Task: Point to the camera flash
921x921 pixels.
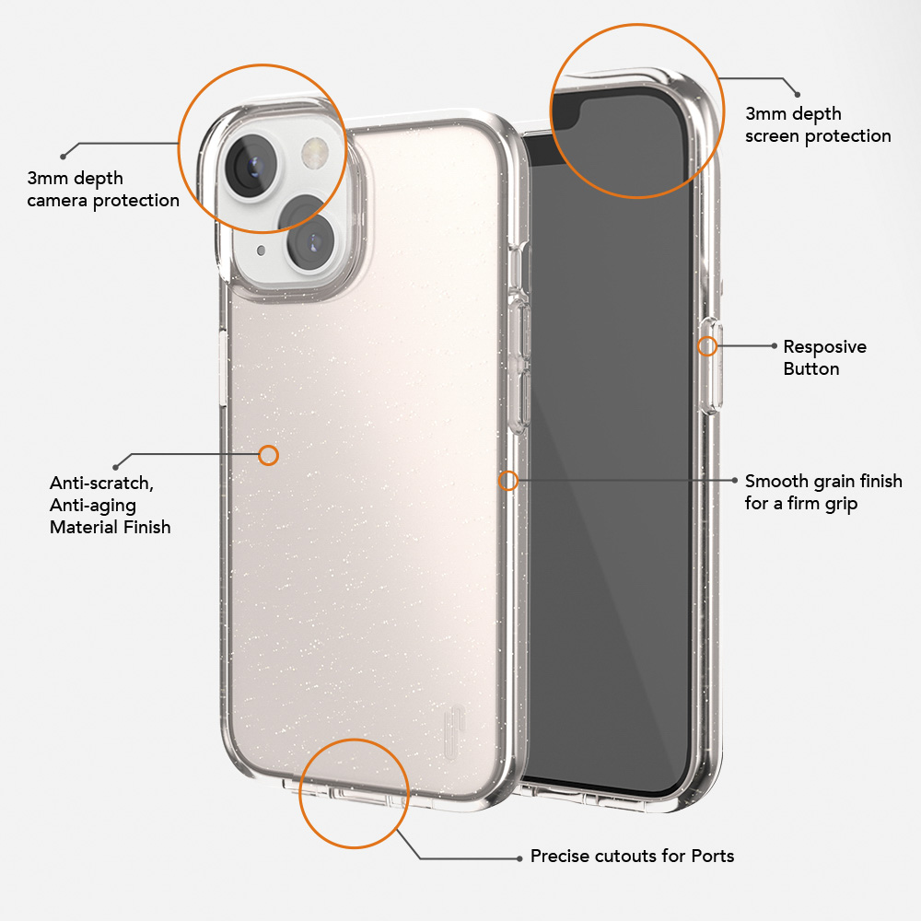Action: (315, 152)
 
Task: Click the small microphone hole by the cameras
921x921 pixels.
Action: (262, 251)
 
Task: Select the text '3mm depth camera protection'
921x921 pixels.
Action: (103, 189)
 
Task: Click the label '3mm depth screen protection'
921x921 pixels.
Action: (818, 124)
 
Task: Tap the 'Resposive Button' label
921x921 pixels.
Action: (824, 357)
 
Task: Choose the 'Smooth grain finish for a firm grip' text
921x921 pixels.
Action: (823, 492)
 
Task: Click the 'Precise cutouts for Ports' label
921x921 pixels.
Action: (632, 856)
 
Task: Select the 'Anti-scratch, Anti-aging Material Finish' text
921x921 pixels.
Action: (111, 505)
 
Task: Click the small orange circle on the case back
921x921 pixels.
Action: (268, 455)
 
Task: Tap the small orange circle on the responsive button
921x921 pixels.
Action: (707, 346)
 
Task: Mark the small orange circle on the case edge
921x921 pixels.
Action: (508, 481)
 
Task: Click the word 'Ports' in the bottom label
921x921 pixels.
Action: (713, 856)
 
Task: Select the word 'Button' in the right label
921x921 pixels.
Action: (811, 369)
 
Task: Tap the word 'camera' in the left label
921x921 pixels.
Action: (57, 201)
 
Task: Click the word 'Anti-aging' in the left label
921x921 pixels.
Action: (93, 506)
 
